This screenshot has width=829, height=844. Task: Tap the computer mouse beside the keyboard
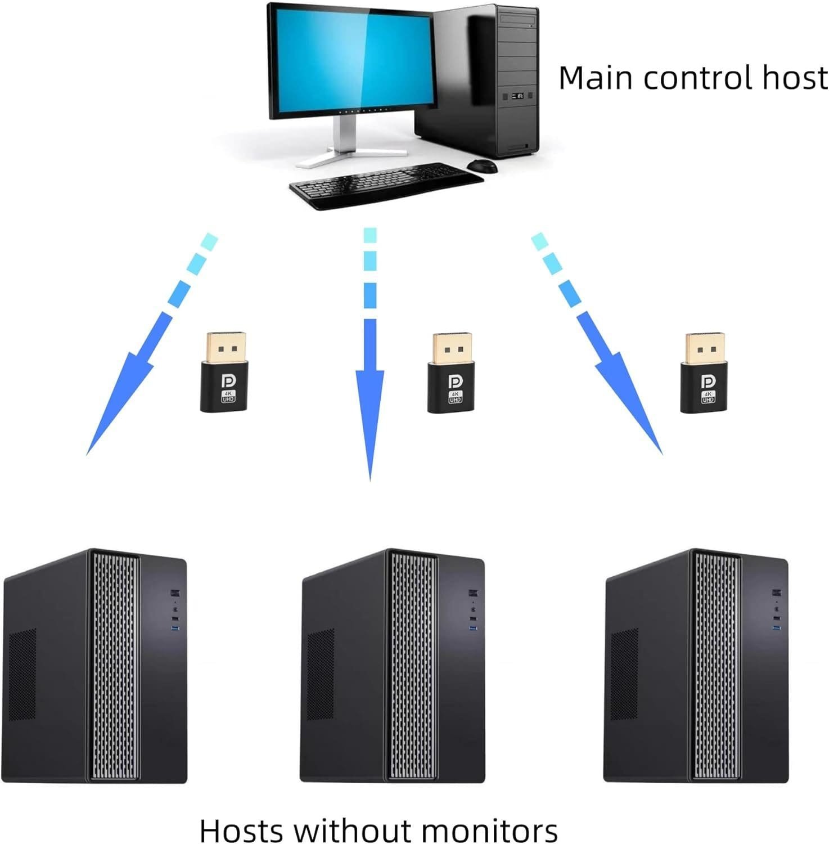pos(482,166)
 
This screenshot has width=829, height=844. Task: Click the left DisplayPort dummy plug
pos(226,371)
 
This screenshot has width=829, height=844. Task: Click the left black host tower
pos(96,667)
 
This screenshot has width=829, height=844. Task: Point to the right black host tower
pos(696,667)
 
